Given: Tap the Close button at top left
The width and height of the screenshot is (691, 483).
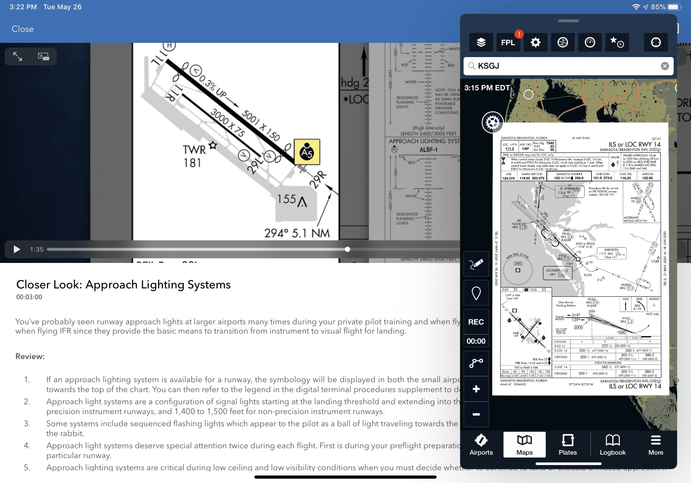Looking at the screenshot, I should pos(23,29).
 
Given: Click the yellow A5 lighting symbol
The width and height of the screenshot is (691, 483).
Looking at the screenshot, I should pos(307,152).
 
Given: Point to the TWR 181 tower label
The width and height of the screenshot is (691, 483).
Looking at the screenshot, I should pos(194,156).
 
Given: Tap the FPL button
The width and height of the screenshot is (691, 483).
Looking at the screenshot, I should pos(508,43).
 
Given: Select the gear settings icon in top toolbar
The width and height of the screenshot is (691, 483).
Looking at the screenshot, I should pos(535,43).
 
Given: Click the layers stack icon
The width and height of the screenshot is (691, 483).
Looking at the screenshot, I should pos(481,43).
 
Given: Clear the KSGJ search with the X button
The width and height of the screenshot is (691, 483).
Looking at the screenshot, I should pos(665,66).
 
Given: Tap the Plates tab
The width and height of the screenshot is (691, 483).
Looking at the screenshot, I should pos(568,445).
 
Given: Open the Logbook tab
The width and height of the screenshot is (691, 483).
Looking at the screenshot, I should pos(612,445).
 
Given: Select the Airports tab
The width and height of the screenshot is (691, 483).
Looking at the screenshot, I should pos(481,445).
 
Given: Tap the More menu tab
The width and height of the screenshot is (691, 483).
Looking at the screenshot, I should pos(656,445).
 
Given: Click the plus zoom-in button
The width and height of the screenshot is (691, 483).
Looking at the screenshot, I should pos(476,389).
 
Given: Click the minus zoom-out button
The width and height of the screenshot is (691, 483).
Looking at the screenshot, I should pos(476,414).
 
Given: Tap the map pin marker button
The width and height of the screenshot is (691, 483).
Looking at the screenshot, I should pos(476,293).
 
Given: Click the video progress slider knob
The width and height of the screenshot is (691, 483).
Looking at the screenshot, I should pos(348,249).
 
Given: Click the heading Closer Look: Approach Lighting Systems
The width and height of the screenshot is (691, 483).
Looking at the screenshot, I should pos(123,285).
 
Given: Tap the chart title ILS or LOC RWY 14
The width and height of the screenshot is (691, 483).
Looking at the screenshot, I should pos(634,144).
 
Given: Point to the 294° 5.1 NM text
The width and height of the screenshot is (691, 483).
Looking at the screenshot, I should pos(297,233).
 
